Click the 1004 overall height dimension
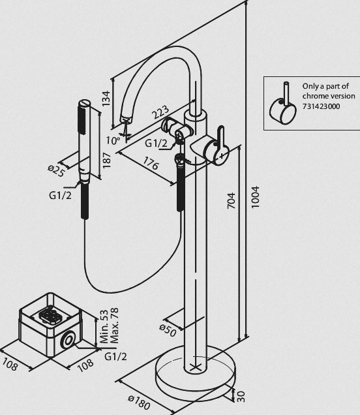pos(255,197)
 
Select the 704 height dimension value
pos(231,200)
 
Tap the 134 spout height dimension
pos(106,99)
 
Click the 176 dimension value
pos(151,163)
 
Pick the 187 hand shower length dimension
pos(106,161)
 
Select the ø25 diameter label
pos(56,171)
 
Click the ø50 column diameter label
pos(168,331)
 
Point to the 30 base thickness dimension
pos(241,396)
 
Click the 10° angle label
pos(113,140)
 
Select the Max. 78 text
pos(114,326)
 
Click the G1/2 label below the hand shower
pos(60,195)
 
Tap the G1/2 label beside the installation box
pos(115,356)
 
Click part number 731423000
pos(321,106)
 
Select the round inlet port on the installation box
pos(68,341)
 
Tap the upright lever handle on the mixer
pos(221,138)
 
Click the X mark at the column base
pos(196,366)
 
